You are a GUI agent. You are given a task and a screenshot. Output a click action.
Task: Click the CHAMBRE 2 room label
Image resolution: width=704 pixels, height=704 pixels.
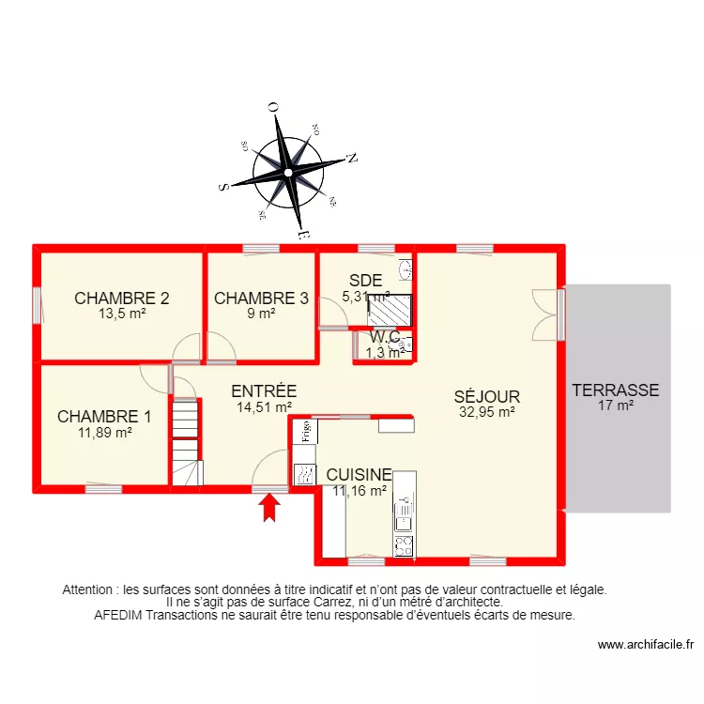click(x=122, y=299)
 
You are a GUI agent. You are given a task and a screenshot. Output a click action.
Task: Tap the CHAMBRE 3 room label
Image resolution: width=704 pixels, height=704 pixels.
click(x=261, y=299)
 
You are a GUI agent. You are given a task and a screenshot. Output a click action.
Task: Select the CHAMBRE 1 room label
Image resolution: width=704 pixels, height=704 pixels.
click(x=104, y=416)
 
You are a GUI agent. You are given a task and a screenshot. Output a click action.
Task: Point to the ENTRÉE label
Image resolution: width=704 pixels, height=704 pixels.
click(x=264, y=391)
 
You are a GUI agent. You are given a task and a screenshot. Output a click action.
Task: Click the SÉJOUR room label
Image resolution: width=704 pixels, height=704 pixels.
click(x=486, y=397)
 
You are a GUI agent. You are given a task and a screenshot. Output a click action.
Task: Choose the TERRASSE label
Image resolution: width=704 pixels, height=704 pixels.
click(x=616, y=390)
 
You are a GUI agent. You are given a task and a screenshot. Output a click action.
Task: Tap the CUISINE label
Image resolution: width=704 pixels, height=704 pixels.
click(x=359, y=475)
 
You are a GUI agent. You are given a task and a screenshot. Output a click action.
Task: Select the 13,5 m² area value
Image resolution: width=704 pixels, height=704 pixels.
click(x=122, y=314)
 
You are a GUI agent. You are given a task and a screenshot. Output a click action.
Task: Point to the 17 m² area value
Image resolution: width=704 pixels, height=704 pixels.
click(x=616, y=406)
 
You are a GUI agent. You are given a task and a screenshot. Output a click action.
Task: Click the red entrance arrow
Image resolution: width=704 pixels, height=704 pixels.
click(x=270, y=507)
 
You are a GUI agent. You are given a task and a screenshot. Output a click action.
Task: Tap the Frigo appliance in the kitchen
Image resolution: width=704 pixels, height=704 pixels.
click(x=305, y=431)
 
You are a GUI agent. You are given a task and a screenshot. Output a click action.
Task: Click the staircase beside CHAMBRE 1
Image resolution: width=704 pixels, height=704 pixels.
click(x=186, y=441)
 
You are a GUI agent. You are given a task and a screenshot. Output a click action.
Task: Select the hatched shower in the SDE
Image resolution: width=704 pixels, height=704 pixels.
click(x=388, y=309)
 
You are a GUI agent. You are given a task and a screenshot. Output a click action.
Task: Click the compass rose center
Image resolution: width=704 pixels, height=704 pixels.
click(x=288, y=173)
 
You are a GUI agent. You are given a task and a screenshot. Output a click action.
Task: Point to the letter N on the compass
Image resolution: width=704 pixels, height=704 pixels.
click(x=352, y=158)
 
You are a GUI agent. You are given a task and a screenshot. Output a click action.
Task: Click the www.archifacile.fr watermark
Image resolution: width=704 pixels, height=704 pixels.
click(x=647, y=645)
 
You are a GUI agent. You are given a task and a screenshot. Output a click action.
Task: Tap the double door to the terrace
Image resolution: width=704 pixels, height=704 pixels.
click(x=546, y=314)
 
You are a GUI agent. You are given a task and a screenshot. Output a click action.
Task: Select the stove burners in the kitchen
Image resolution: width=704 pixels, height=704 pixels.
click(x=405, y=543)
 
